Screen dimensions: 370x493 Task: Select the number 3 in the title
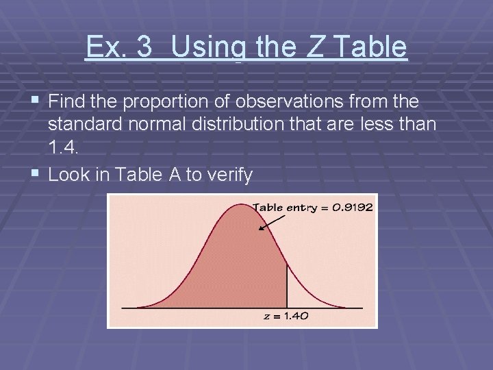click(144, 47)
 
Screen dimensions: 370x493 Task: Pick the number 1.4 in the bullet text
click(62, 146)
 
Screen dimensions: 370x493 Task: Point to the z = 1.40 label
click(286, 316)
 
